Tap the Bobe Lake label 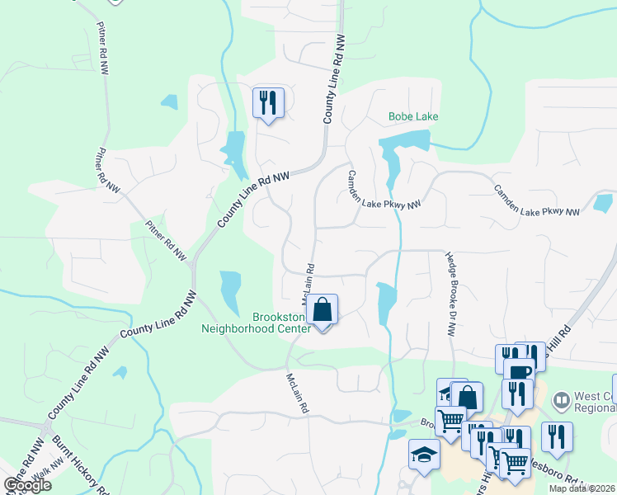[413, 116]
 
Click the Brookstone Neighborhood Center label [256, 322]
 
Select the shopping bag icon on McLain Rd [324, 311]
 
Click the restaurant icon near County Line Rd [268, 102]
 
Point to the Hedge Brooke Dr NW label [450, 294]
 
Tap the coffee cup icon [518, 372]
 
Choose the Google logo [27, 484]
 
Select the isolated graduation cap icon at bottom [424, 455]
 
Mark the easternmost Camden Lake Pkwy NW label [537, 200]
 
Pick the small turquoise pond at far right [603, 202]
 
